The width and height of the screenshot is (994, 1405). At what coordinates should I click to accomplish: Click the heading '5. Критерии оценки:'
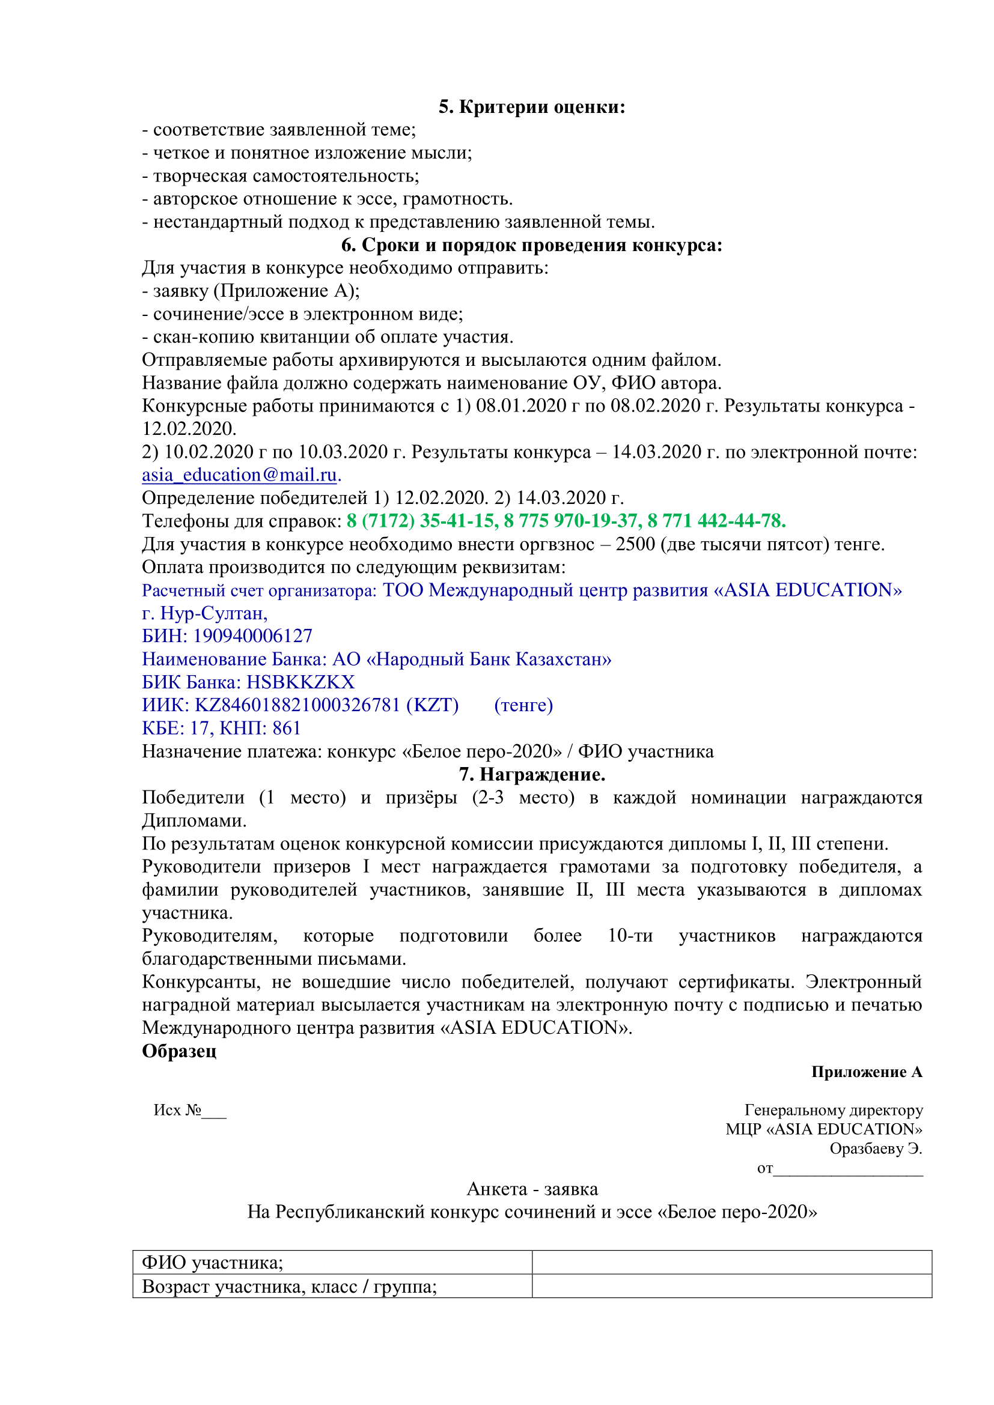(531, 107)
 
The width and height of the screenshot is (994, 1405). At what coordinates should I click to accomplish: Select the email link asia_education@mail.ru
(239, 475)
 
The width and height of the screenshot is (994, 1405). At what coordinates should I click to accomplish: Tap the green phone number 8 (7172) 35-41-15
(422, 521)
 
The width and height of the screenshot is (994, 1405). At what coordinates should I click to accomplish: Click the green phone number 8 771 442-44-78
(716, 521)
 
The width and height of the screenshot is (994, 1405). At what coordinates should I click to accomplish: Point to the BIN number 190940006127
(253, 636)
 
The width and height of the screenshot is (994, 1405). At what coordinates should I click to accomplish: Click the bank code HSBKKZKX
(300, 682)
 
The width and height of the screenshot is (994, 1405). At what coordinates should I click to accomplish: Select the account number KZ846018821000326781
(297, 705)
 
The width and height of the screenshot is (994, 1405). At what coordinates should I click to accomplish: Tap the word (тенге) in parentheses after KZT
(523, 705)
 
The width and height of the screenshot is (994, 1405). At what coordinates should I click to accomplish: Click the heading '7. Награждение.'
(532, 774)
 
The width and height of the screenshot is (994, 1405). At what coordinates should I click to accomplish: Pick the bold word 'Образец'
(179, 1051)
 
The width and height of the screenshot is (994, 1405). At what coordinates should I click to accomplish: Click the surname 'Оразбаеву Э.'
(875, 1149)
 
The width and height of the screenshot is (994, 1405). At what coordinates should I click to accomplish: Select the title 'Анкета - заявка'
(532, 1189)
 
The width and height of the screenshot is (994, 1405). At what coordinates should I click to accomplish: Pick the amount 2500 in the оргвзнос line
(635, 544)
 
